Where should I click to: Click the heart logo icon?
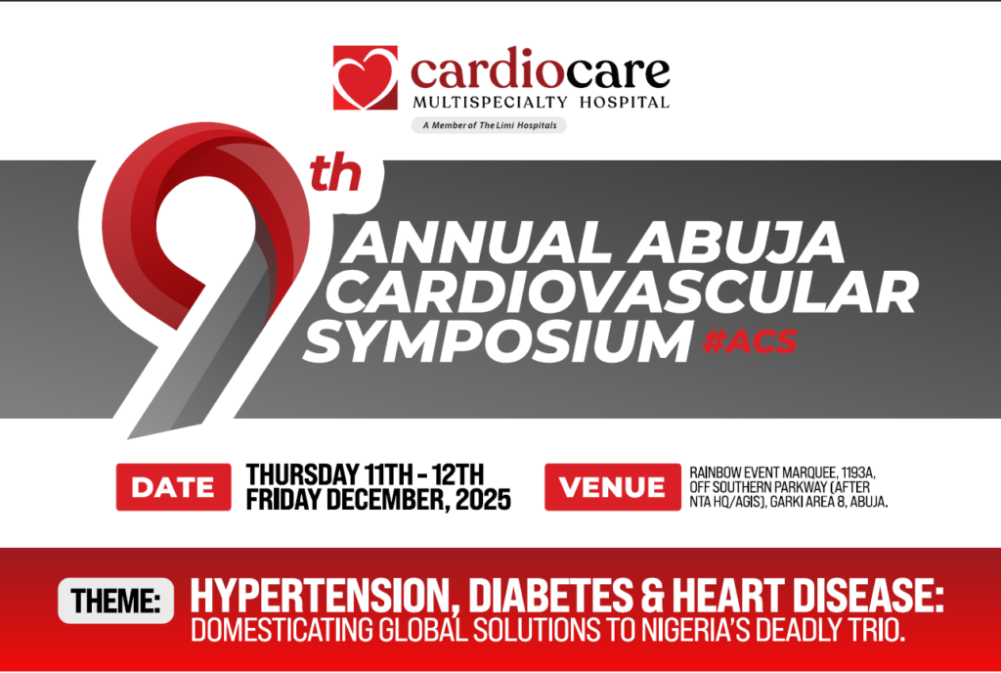coord(366,77)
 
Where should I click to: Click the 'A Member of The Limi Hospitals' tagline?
coord(489,125)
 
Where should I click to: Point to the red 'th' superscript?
coord(335,174)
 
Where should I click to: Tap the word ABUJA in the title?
coord(735,243)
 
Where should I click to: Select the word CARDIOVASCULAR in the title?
coord(626,292)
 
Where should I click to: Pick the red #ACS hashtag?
coord(750,341)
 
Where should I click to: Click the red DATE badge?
coord(174,487)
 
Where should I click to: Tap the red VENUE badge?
coord(613,487)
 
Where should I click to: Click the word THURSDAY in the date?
coord(302,474)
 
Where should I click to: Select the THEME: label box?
coord(115,601)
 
